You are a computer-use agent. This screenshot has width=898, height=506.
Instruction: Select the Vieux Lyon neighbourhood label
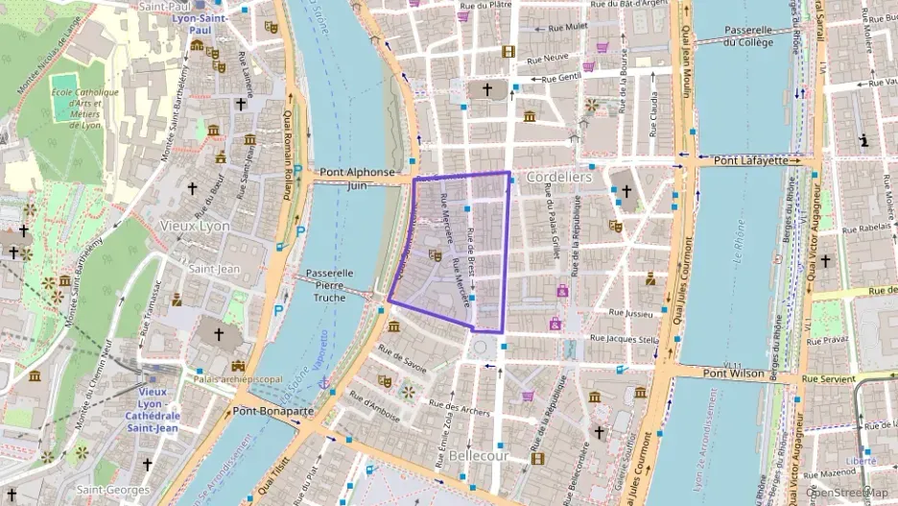tap(195, 226)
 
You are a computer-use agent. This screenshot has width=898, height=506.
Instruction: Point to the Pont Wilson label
tap(735, 373)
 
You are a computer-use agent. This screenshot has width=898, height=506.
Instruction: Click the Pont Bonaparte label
tap(272, 410)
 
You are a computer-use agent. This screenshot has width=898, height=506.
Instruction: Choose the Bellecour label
tap(478, 455)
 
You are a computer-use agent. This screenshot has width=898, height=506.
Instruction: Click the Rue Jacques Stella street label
tap(624, 339)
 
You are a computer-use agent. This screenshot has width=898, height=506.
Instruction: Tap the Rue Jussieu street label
tap(631, 312)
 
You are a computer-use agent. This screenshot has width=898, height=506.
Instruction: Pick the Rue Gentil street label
tap(561, 79)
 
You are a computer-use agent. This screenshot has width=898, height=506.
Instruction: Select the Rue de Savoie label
tap(402, 357)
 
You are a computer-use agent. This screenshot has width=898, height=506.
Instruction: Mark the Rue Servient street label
tap(830, 379)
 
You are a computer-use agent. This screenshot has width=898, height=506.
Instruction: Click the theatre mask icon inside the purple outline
tap(435, 255)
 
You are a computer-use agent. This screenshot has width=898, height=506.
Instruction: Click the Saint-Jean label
tap(213, 269)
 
